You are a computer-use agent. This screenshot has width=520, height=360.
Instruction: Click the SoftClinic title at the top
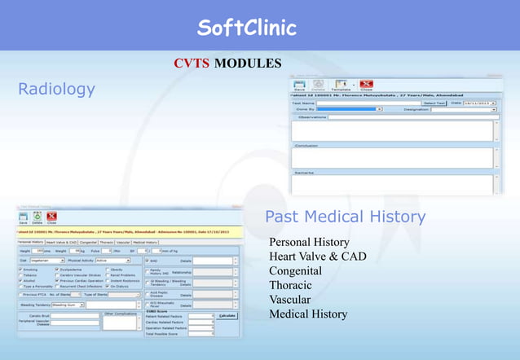[x=245, y=29]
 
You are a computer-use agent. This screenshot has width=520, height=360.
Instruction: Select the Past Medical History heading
[x=345, y=217]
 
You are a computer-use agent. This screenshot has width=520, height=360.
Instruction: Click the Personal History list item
[x=309, y=243]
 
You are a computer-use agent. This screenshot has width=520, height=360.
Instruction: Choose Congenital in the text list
[x=295, y=271]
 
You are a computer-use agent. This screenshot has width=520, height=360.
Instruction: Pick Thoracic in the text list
[x=291, y=285]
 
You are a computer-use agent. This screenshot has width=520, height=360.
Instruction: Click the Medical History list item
[x=308, y=314]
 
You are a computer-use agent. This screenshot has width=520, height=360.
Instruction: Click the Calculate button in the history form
[x=227, y=315]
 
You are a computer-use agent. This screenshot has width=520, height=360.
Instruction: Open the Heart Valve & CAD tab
[x=62, y=242]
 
